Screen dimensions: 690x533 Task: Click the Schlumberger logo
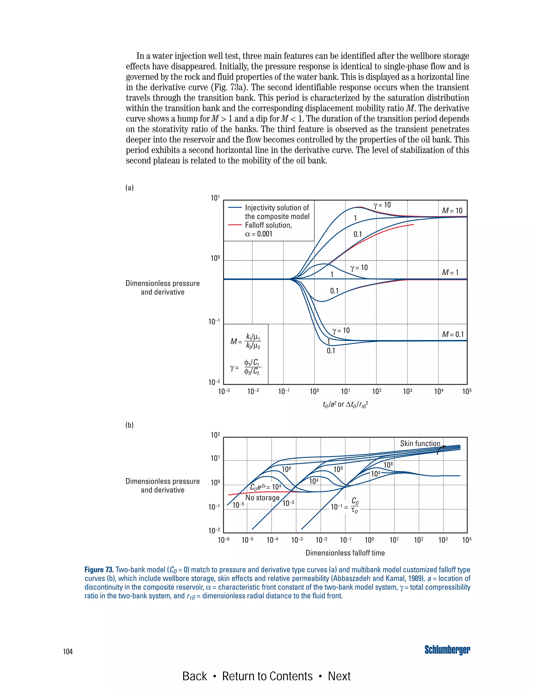[447, 650]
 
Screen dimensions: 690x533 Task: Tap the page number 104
[68, 651]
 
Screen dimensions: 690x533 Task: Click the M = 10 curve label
[452, 211]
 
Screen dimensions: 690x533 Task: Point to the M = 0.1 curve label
[453, 334]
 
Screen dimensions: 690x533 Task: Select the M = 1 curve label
[450, 272]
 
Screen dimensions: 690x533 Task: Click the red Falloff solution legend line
[235, 225]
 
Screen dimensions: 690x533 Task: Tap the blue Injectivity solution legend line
[235, 208]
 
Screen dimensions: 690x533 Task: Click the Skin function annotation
[420, 444]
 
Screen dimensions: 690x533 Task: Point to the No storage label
[262, 498]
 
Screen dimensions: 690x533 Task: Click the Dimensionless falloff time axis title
[345, 553]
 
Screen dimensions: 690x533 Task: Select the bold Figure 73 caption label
[99, 570]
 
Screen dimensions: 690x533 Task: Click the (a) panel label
[129, 188]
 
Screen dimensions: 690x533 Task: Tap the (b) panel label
[129, 425]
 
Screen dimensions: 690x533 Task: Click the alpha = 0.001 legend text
[259, 234]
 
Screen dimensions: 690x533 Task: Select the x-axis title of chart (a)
[345, 404]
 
